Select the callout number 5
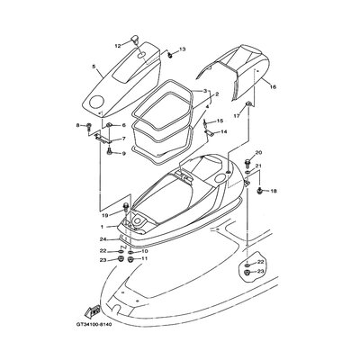(93, 66)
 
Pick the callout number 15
(219, 121)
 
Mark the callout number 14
(223, 132)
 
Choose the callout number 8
(77, 125)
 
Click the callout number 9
(123, 154)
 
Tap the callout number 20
(257, 153)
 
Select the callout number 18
(274, 192)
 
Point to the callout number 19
(104, 216)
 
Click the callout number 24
(104, 239)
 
